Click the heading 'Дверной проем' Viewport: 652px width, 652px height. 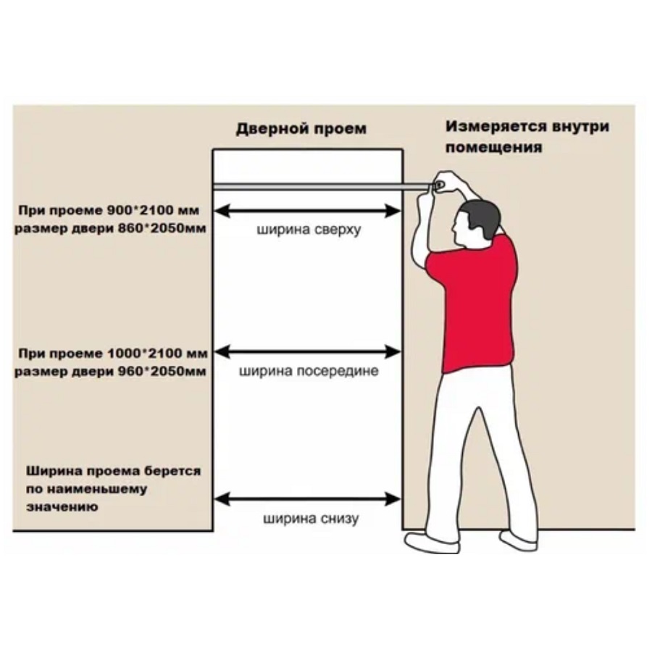pos(301,129)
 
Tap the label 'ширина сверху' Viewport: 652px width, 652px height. pos(309,230)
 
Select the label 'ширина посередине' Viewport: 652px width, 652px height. pos(309,370)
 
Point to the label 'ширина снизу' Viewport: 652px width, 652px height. pos(311,519)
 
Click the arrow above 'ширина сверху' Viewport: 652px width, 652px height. pos(307,211)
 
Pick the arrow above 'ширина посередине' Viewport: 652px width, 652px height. pos(307,352)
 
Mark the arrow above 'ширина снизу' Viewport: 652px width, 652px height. pos(307,499)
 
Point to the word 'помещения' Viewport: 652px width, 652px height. pos(493,148)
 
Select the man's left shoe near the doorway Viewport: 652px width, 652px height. pos(432,543)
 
